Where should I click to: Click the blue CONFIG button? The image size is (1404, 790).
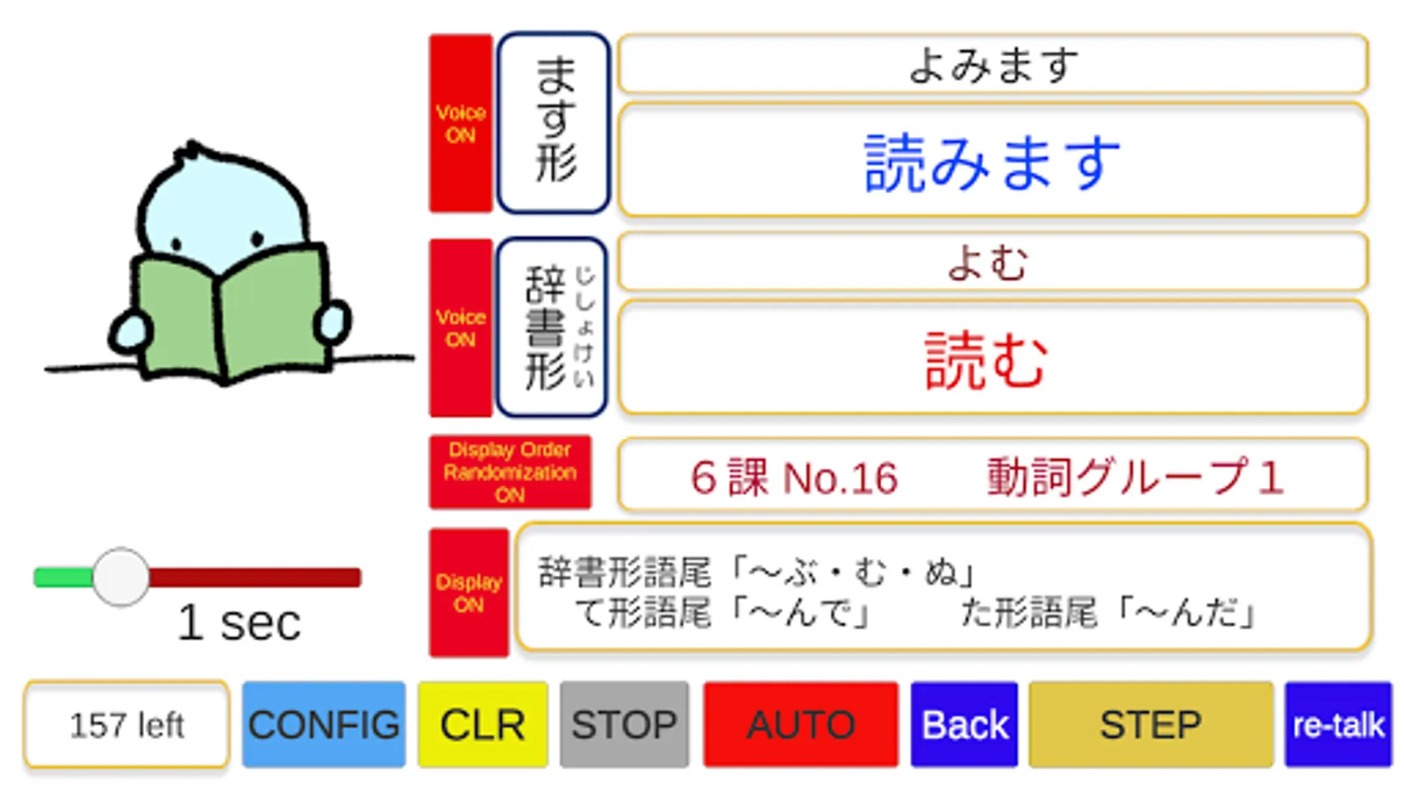click(x=324, y=725)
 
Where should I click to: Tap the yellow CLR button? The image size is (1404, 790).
click(x=483, y=725)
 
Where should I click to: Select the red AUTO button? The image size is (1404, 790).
click(x=800, y=725)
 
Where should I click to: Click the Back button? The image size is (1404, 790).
click(x=964, y=725)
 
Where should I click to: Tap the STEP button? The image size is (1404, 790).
click(x=1150, y=725)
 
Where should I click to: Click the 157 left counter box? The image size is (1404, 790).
click(x=126, y=725)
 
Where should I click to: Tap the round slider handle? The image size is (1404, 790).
click(x=121, y=577)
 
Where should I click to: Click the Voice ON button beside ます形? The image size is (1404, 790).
click(x=461, y=124)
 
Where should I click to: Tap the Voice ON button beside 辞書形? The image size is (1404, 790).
click(x=461, y=327)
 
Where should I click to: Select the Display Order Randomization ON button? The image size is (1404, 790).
click(x=510, y=472)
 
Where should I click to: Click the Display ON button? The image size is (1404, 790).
click(x=469, y=592)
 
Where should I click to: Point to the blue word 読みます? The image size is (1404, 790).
click(x=992, y=162)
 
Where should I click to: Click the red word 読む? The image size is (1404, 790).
click(x=987, y=360)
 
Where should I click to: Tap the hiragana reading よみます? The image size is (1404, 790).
click(x=992, y=65)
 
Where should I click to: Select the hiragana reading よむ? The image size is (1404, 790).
click(x=987, y=262)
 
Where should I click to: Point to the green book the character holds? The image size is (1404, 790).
click(x=230, y=312)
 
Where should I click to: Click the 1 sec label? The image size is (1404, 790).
click(x=239, y=623)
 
